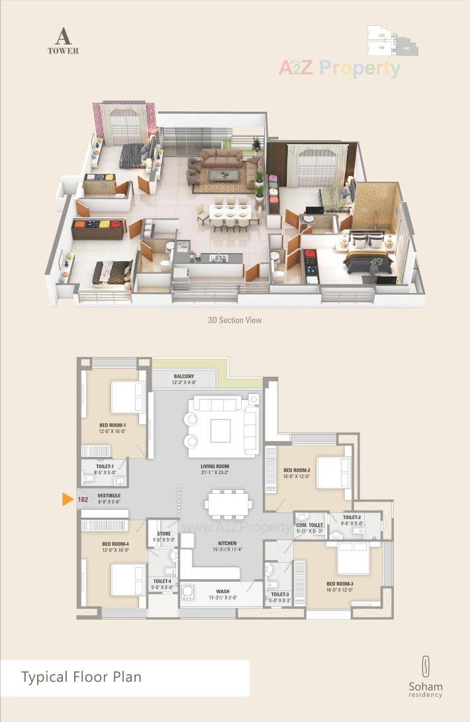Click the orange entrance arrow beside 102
click(x=68, y=499)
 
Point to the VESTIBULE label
click(x=108, y=495)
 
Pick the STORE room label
click(x=164, y=534)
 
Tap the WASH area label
click(x=222, y=592)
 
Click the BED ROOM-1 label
click(x=113, y=425)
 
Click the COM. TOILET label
click(x=310, y=525)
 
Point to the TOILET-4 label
click(x=161, y=581)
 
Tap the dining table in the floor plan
click(x=227, y=504)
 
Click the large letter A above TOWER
click(x=63, y=36)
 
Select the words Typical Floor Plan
click(x=81, y=677)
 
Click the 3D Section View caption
click(x=234, y=320)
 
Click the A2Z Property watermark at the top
click(x=339, y=67)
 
